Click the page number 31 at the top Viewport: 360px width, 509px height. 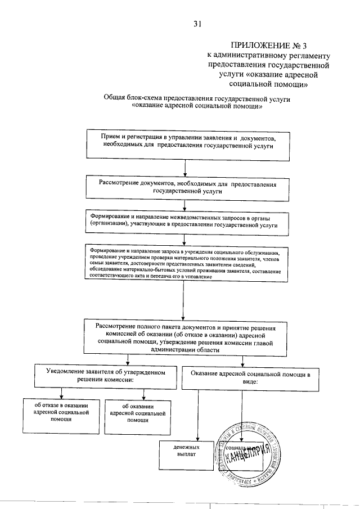[197, 24]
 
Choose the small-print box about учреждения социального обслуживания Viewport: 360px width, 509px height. [186, 264]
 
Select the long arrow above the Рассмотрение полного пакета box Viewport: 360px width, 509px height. [186, 301]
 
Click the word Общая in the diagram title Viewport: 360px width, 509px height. [115, 98]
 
